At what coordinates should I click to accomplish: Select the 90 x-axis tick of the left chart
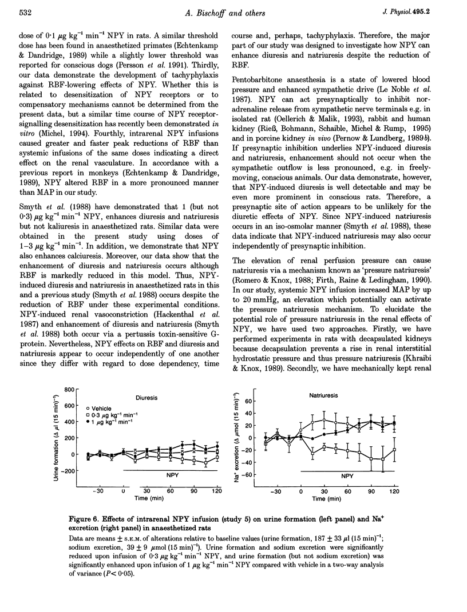click(x=194, y=491)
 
